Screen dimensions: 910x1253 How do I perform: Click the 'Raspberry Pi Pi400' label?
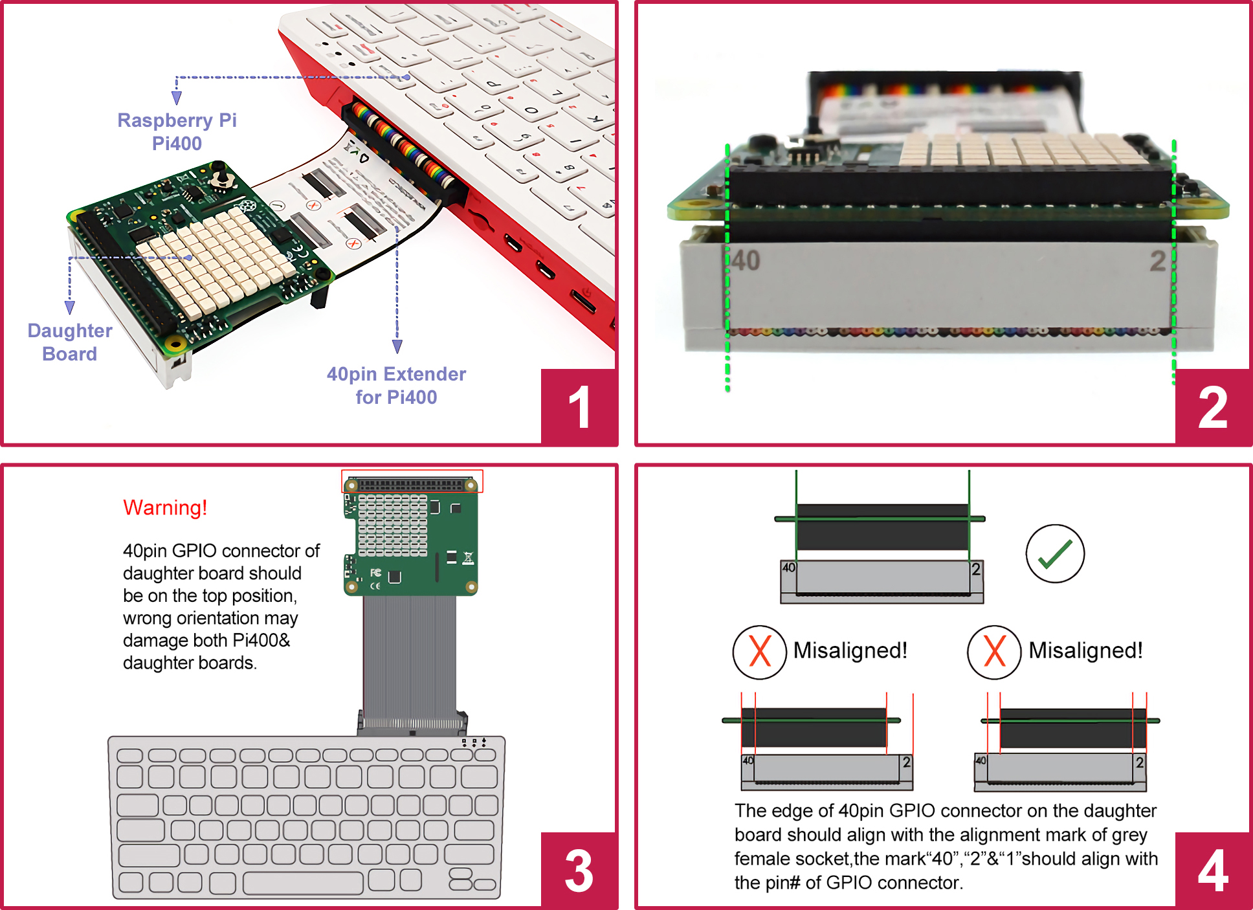coord(177,131)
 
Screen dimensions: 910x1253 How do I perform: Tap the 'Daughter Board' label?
coord(70,342)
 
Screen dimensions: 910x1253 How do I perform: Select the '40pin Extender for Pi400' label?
coord(396,386)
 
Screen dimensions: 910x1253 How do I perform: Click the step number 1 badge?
coord(579,407)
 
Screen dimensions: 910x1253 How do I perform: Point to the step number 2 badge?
coord(1212,407)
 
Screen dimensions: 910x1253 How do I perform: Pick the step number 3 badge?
coord(579,871)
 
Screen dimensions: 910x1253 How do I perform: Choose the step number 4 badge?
coord(1212,871)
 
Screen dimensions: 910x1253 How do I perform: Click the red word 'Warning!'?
coord(165,507)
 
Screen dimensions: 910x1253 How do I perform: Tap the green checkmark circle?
coord(1055,553)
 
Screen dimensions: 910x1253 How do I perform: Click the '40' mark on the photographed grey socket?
coord(746,260)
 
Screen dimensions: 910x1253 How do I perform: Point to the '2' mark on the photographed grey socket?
coord(1157,261)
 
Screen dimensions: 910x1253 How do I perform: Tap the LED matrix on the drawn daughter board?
coord(392,526)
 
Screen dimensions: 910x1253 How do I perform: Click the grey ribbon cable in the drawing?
coord(409,654)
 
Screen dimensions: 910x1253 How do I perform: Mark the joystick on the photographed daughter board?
coord(222,177)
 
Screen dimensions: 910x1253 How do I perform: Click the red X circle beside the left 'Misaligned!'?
coord(759,652)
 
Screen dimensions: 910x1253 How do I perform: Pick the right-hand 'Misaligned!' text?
coord(1085,650)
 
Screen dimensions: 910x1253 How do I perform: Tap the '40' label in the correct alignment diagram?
coord(789,568)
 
